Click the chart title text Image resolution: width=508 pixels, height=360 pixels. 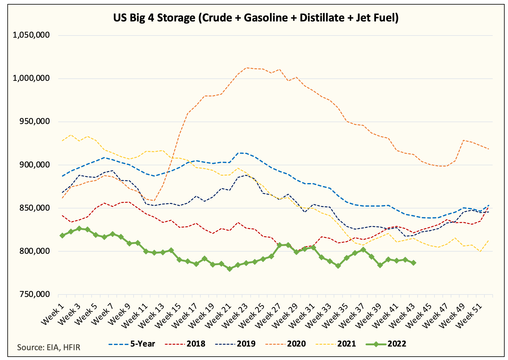[256, 17]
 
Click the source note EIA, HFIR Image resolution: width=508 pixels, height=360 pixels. [49, 347]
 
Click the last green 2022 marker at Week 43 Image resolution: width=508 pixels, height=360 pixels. [413, 263]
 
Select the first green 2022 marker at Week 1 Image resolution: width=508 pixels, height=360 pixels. [63, 235]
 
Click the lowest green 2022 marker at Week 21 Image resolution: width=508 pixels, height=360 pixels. [229, 269]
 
